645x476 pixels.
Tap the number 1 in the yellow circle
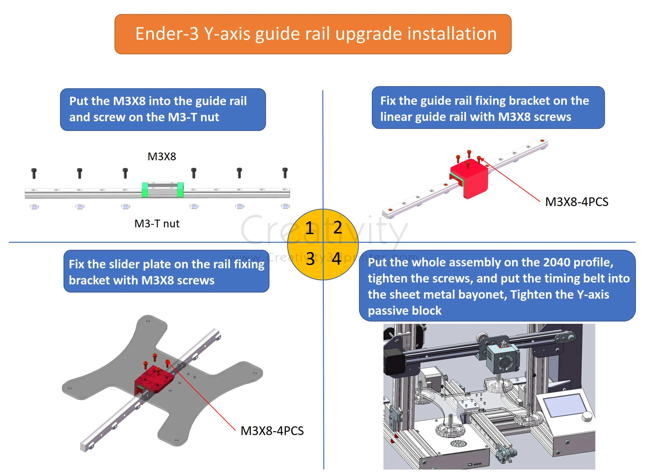310,228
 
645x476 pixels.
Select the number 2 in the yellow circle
338,227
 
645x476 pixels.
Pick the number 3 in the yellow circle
310,259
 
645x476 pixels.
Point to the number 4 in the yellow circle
337,259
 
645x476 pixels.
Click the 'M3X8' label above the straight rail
162,157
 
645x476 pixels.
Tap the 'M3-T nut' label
157,223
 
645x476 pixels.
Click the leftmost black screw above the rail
34,173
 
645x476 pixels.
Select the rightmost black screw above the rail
285,173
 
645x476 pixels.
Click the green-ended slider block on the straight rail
163,189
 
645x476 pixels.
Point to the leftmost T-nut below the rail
34,206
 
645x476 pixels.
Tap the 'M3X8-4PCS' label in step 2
577,202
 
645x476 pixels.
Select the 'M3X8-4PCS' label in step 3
272,431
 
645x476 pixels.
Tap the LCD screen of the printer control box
564,406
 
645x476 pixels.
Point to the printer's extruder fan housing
502,361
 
